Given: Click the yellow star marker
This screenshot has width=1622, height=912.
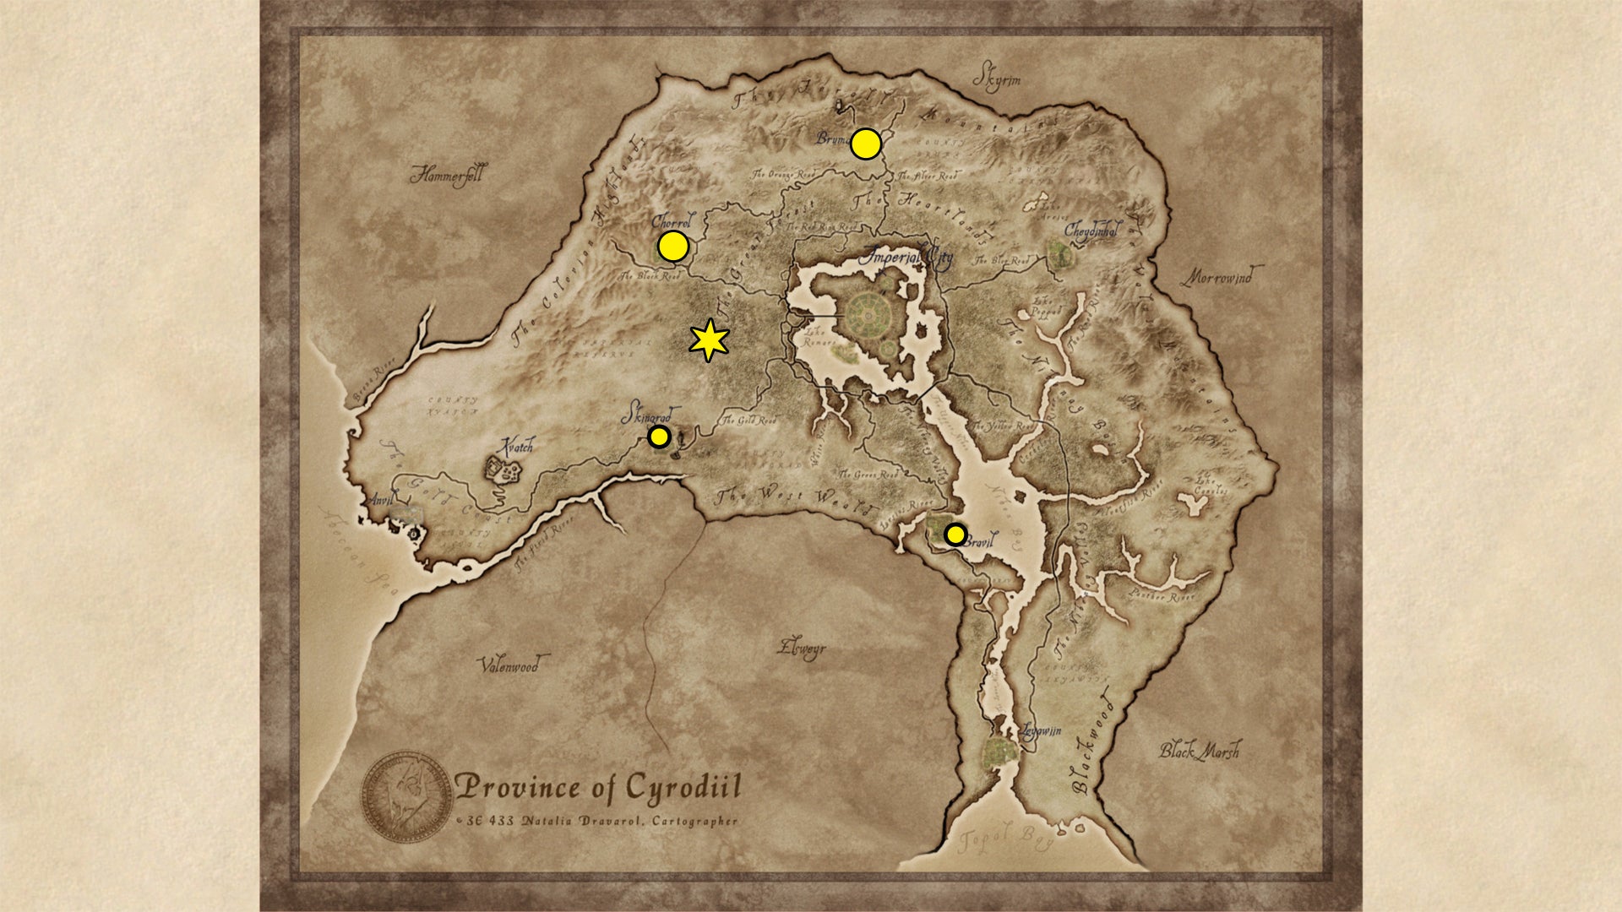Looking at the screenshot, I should pos(709,340).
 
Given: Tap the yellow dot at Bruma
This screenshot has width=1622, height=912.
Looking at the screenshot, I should pos(866,144).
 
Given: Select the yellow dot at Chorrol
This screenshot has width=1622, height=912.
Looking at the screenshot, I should pos(673,247).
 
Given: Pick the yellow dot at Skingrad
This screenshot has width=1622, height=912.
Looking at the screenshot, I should pos(659,437).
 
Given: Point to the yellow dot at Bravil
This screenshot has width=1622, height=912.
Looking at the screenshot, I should pos(955,535).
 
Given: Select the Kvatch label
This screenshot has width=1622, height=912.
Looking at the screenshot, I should pos(516,446).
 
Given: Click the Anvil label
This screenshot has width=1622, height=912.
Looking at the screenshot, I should pos(382,500).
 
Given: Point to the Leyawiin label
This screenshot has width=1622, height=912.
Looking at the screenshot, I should pos(1041,730).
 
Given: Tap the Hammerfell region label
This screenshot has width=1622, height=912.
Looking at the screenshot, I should pos(447,175).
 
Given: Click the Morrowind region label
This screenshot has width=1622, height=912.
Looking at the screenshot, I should pos(1221,276).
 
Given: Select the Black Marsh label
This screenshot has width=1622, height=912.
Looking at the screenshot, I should pos(1199,750).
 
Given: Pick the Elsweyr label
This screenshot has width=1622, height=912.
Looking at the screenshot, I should pos(802,649).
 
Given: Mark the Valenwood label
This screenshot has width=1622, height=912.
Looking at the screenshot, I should pos(509,665).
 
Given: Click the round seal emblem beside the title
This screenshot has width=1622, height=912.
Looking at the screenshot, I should pos(407,796).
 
